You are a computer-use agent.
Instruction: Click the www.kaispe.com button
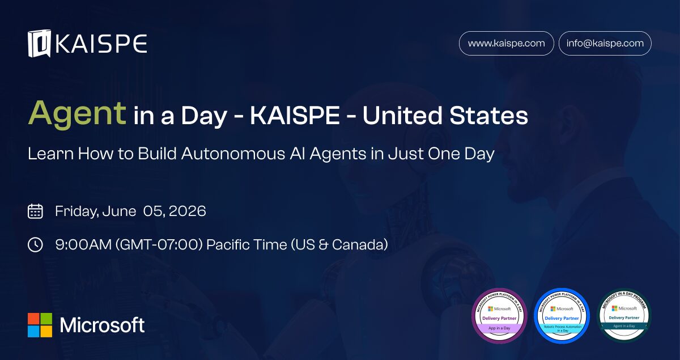click(x=506, y=43)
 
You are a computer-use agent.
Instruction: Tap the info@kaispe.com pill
click(x=605, y=43)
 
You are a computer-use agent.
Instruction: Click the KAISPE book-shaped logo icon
click(x=40, y=44)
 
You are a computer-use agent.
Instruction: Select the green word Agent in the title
click(x=77, y=113)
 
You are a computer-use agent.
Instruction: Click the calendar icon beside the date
click(x=35, y=211)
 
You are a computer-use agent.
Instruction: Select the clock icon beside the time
click(x=35, y=244)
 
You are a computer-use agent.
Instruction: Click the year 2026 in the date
click(x=186, y=211)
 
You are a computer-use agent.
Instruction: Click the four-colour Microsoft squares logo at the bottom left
click(x=40, y=325)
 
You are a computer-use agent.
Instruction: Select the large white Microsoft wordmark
click(x=102, y=325)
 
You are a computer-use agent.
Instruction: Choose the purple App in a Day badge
click(x=499, y=316)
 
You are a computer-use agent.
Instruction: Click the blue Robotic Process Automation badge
click(x=562, y=316)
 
